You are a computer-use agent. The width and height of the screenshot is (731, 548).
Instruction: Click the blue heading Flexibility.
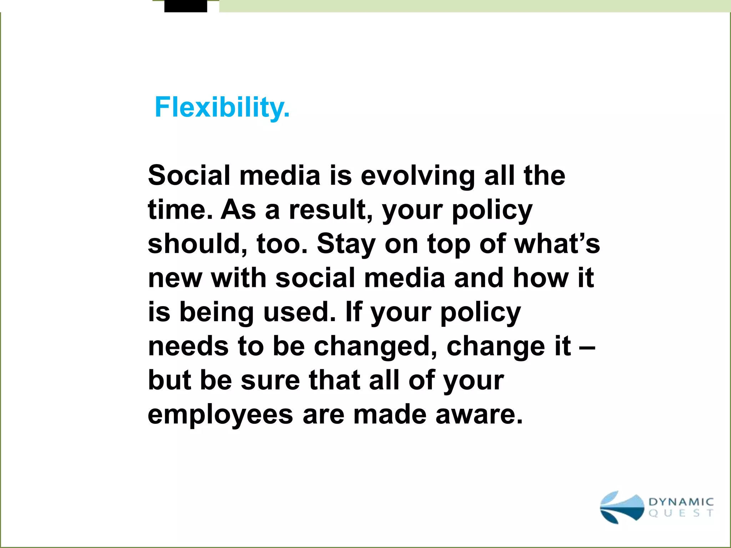pos(222,107)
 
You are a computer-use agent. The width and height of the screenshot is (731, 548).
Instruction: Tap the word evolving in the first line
pos(418,176)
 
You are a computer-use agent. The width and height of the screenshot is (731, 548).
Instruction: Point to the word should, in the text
pos(198,244)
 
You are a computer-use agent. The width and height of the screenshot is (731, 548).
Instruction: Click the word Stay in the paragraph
pos(346,244)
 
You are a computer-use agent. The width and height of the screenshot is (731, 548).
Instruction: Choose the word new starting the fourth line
pos(175,278)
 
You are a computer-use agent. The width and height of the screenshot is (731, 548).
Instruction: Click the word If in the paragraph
pos(354,312)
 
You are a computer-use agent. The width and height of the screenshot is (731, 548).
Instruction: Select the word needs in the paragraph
pos(188,346)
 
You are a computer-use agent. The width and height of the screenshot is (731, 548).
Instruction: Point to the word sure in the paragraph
pos(270,380)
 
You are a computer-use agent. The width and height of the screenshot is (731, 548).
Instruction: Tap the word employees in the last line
pos(220,415)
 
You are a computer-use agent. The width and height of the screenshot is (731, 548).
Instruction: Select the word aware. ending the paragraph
pos(479,415)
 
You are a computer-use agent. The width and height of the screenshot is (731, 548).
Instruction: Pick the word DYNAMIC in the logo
pos(681,502)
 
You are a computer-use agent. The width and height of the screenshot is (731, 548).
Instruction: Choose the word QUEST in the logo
pos(681,513)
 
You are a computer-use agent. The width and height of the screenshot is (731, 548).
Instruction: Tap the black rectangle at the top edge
pos(186,6)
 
